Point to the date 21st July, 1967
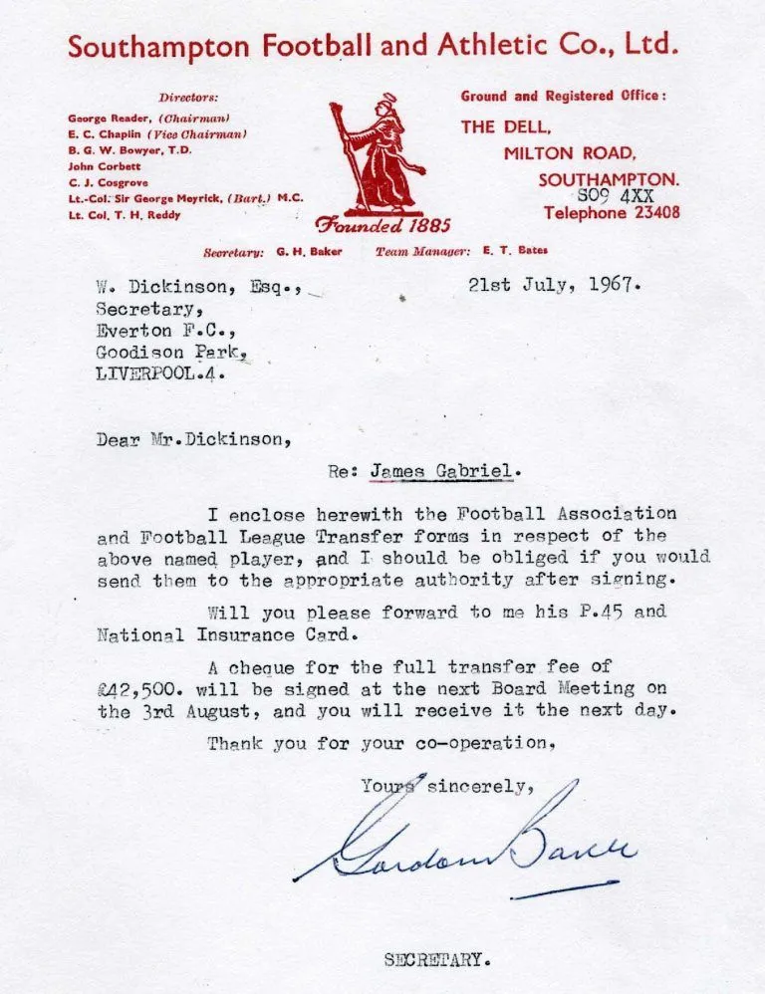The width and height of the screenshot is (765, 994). (x=555, y=283)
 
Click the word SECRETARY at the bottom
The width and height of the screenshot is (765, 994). (x=437, y=961)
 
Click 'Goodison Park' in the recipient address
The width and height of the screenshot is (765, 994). (x=169, y=353)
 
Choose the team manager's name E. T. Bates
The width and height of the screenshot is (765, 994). (x=515, y=251)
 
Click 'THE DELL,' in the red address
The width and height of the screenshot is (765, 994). (x=506, y=127)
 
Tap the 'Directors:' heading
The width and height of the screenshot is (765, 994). (x=188, y=98)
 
